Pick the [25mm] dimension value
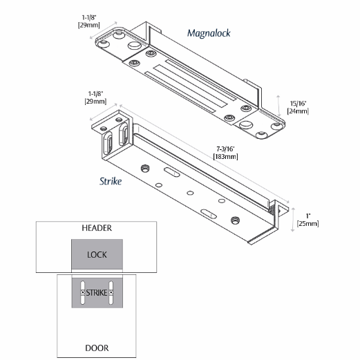coord(307,224)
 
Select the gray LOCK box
coord(97,254)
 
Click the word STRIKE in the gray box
coord(97,293)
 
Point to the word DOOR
coord(97,348)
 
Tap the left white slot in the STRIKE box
coord(82,293)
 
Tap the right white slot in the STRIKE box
coord(111,293)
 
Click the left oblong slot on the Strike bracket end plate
coord(108,144)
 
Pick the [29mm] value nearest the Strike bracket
coord(95,101)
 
